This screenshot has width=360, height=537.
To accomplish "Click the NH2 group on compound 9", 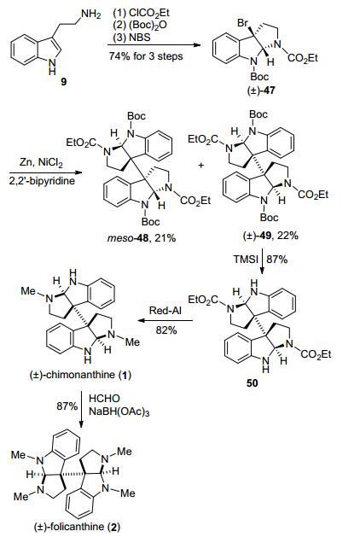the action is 91,15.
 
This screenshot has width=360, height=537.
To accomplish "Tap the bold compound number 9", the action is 64,81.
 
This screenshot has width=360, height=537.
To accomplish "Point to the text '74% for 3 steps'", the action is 146,55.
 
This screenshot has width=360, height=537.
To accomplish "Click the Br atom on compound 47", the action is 242,23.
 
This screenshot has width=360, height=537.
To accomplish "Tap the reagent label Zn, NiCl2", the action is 41,162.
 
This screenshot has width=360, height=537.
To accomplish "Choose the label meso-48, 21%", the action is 142,237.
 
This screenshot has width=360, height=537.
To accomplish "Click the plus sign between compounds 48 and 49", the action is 200,165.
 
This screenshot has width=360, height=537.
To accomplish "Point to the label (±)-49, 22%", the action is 270,236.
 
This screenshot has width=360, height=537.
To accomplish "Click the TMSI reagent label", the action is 246,260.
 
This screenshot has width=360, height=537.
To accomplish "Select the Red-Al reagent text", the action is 165,311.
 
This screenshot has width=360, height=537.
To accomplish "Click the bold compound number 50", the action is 252,382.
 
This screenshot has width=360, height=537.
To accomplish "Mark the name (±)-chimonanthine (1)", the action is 80,374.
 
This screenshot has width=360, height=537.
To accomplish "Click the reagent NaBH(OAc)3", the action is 119,412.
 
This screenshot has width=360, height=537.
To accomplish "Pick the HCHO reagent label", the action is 104,399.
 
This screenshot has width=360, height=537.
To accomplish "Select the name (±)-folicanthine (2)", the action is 77,527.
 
